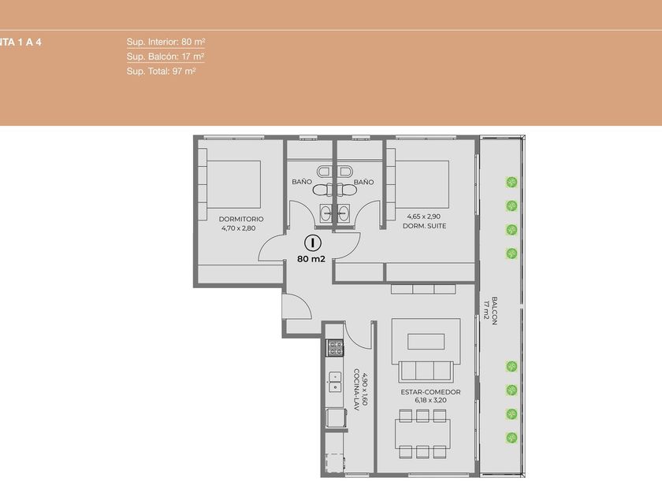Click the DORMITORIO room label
(x=241, y=219)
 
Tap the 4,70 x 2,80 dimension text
(x=239, y=228)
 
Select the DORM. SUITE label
(x=424, y=226)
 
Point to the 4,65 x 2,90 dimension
(x=424, y=217)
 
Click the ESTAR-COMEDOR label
(x=430, y=392)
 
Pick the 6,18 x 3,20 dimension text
(x=430, y=400)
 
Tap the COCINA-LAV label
(x=356, y=391)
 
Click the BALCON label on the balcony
(x=495, y=310)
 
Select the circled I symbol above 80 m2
(x=313, y=242)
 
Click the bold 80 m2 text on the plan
(x=311, y=259)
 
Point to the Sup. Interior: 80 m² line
(x=165, y=42)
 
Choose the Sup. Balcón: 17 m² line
(x=165, y=57)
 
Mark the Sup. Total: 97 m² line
(x=161, y=72)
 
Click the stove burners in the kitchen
(x=336, y=347)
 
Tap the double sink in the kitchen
(x=335, y=382)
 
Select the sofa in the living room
(x=426, y=371)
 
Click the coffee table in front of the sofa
(x=426, y=341)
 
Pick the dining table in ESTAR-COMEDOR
(x=422, y=434)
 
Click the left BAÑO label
(x=302, y=182)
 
